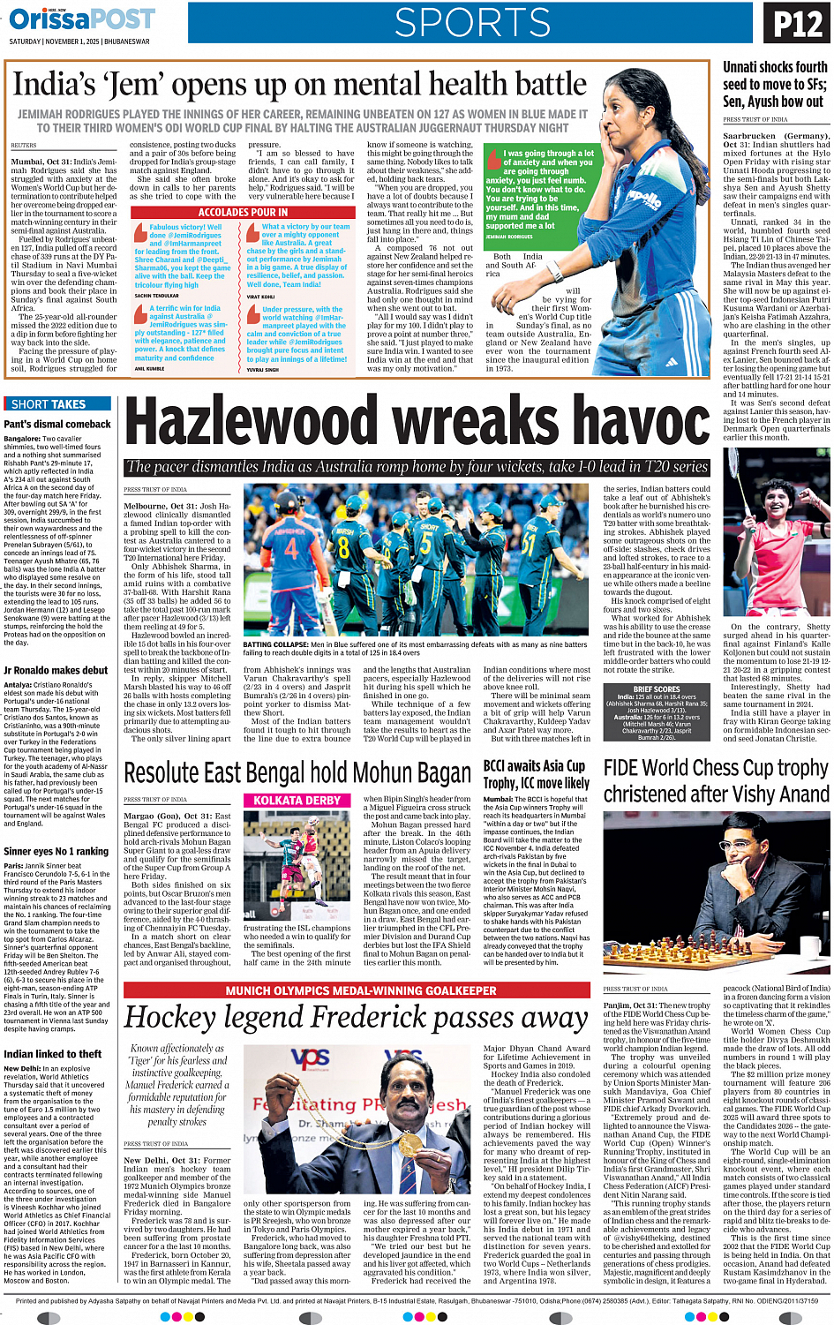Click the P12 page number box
[798, 24]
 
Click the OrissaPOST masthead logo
[83, 19]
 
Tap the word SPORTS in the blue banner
[472, 24]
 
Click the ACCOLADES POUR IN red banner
[243, 213]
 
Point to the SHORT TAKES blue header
[49, 404]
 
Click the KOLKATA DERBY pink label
[297, 801]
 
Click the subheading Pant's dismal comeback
[57, 424]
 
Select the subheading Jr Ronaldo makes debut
[56, 671]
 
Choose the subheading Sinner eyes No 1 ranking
[56, 852]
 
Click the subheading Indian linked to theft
[52, 1054]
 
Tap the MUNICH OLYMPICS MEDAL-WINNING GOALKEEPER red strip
[360, 990]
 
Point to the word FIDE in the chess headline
[627, 768]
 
